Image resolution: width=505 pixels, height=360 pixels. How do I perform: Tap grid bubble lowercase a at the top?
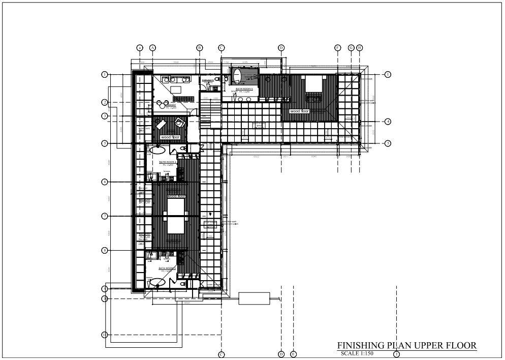[x=140, y=48]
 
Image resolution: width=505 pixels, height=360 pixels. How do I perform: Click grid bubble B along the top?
[x=200, y=48]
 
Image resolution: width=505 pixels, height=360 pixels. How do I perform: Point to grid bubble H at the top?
[x=360, y=48]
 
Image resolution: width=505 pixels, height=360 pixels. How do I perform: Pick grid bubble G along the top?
[x=351, y=48]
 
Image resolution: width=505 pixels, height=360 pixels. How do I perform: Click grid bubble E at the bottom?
[x=293, y=354]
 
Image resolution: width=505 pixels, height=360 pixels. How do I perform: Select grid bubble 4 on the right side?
[x=388, y=122]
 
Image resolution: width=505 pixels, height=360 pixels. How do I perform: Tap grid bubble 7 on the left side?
[x=104, y=216]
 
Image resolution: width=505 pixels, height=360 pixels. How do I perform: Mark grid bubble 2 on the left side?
[x=104, y=102]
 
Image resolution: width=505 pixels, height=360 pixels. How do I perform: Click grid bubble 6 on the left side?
[x=104, y=182]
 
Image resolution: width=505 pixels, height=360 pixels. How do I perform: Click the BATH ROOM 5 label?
[x=244, y=88]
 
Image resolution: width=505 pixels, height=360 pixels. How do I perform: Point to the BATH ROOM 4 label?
[x=168, y=162]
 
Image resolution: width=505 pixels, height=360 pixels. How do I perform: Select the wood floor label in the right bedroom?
[x=299, y=111]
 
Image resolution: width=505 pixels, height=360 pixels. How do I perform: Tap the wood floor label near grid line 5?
[x=170, y=137]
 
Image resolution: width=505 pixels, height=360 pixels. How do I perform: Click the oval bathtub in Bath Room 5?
[x=236, y=76]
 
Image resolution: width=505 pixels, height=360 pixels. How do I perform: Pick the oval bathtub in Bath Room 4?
[x=157, y=150]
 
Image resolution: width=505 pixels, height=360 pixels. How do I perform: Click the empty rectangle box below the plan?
[x=254, y=298]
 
